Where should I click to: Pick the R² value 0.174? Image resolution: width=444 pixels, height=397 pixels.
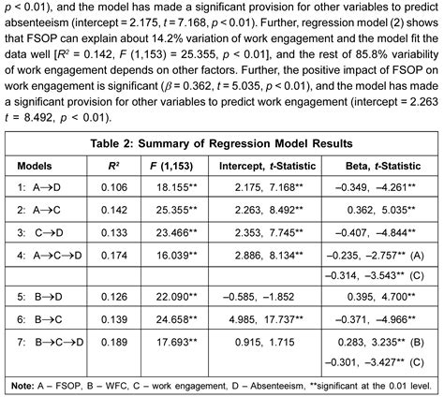click(113, 254)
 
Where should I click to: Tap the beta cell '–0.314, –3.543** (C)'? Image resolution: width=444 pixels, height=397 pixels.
click(378, 275)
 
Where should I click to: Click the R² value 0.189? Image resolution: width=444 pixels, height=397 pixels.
click(113, 341)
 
